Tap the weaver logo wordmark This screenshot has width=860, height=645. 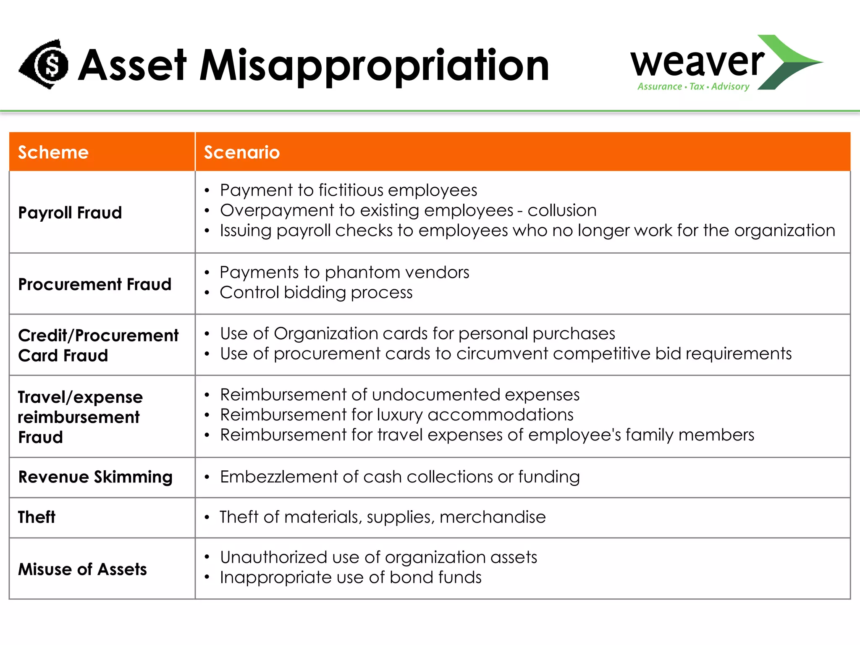pos(697,62)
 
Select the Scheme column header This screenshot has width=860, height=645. pos(53,152)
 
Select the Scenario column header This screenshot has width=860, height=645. pos(242,152)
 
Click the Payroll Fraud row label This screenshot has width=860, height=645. pos(70,212)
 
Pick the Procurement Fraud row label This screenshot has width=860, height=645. pos(95,284)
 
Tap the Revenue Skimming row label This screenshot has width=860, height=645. pos(96,477)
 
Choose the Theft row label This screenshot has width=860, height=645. pos(37,517)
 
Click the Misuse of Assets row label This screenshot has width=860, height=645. pos(83,569)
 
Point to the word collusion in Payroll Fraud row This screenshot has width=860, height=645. pos(562,210)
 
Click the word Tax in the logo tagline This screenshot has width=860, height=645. pos(697,87)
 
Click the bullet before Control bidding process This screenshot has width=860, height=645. pos(207,293)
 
